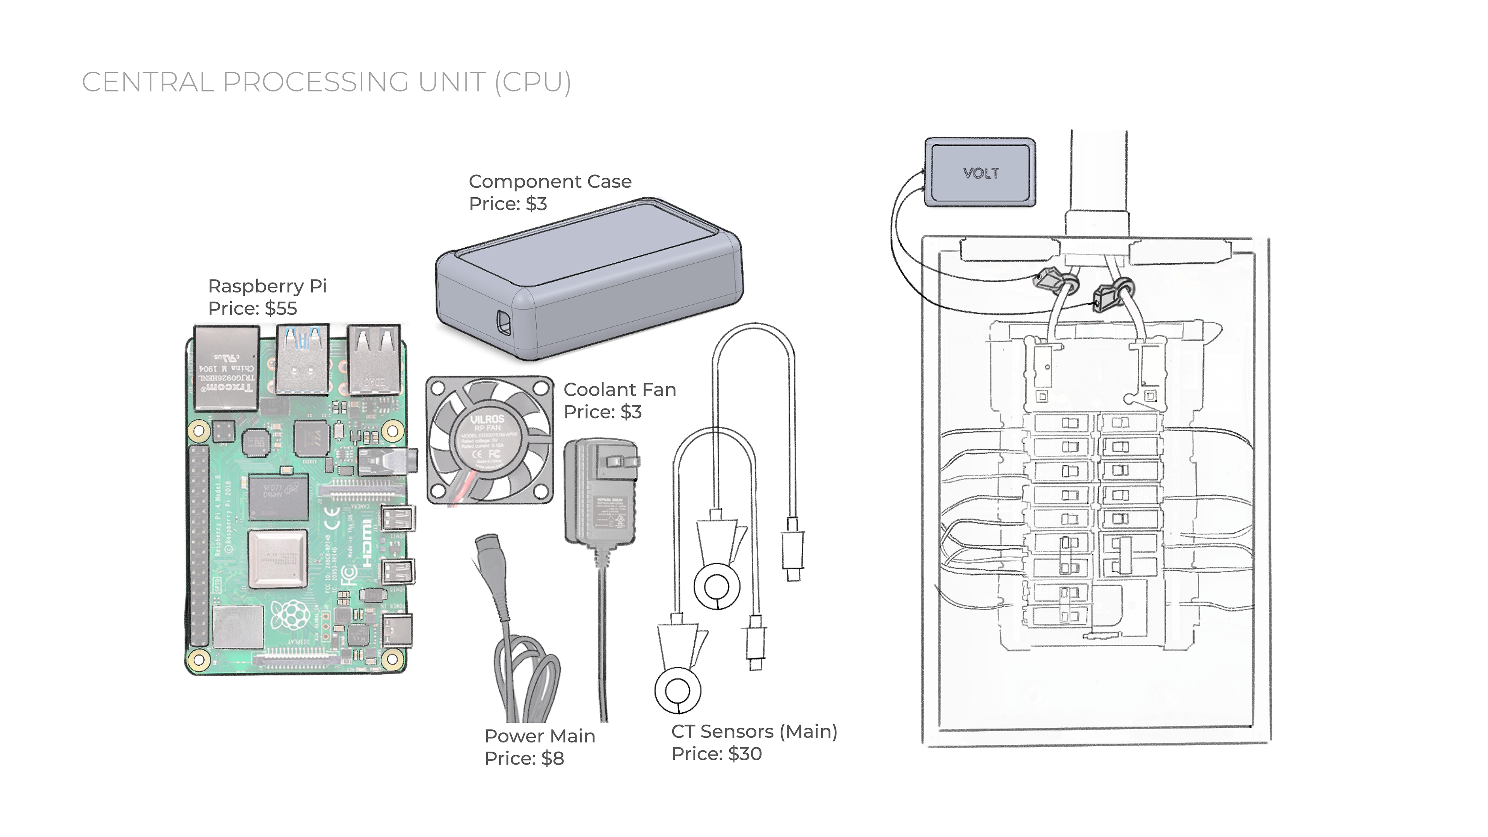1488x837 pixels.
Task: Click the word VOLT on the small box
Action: (981, 173)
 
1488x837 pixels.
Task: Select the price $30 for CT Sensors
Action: (745, 754)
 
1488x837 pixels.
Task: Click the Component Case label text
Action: (550, 181)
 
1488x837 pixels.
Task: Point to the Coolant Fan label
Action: (619, 390)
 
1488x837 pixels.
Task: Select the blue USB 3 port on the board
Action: (301, 358)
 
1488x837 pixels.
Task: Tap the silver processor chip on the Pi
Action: (277, 558)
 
